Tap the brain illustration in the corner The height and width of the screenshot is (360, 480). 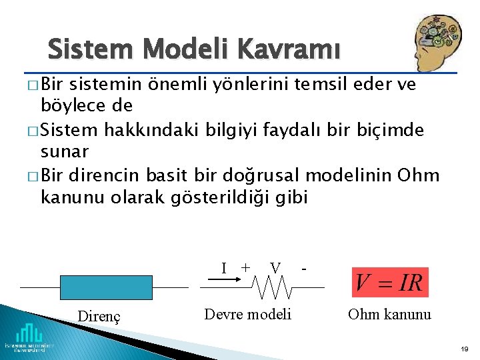coord(438,41)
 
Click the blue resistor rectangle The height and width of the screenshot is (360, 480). coord(105,287)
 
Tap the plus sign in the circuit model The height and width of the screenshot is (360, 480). coord(245,267)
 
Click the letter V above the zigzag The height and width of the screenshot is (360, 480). coord(274,267)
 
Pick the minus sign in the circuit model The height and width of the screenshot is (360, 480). coord(304,269)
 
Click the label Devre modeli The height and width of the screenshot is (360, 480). coord(247,314)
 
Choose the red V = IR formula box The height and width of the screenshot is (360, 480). coord(389,282)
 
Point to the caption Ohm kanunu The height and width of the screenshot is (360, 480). coord(389,314)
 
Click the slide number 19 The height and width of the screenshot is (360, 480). coord(464,349)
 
